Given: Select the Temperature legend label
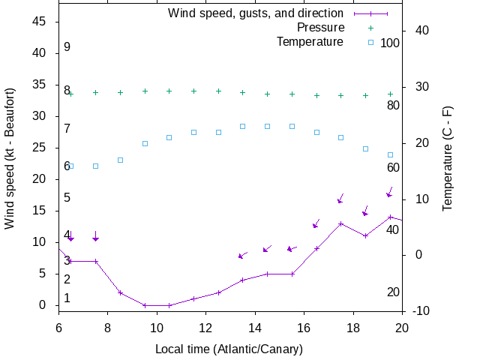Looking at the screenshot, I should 310,41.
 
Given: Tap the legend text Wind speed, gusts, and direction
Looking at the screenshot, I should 255,13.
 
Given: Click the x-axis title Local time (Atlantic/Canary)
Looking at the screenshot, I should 228,349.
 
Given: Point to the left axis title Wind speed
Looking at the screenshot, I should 10,158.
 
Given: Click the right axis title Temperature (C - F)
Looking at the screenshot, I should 448,158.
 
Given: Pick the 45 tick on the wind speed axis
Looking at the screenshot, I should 40,22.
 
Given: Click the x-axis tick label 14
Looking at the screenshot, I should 255,327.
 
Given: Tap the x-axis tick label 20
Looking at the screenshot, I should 402,327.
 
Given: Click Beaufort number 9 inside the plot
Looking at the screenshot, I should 67,47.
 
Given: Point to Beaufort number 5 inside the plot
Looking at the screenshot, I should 67,198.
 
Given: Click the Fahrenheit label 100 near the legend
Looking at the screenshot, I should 390,43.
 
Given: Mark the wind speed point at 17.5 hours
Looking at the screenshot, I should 341,223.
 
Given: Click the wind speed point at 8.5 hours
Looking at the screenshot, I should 120,292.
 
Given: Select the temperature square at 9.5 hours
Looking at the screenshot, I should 145,143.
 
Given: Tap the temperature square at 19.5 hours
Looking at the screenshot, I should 390,154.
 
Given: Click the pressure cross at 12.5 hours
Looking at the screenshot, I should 218,91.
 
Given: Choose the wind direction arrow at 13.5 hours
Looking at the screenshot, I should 242,256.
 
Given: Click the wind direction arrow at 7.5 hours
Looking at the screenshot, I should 95,236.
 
